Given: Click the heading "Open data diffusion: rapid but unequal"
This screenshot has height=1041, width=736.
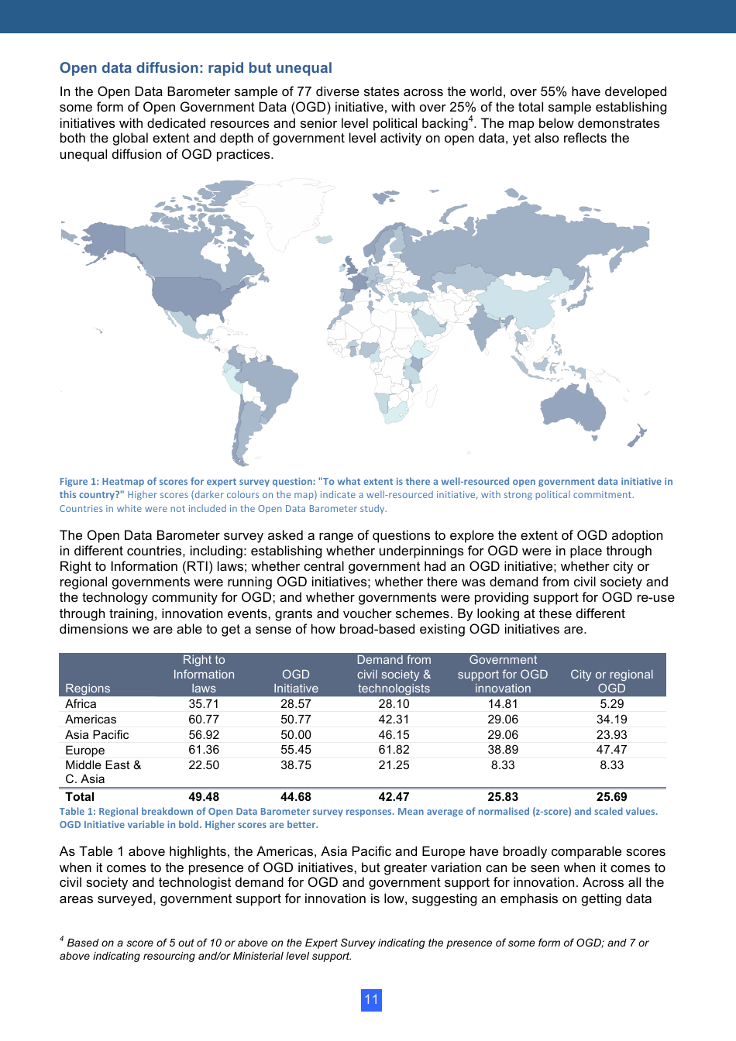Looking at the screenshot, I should click(195, 68).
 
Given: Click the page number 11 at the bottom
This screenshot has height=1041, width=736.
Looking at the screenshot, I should click(371, 999).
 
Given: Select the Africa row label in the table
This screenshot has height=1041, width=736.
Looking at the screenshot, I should click(81, 704).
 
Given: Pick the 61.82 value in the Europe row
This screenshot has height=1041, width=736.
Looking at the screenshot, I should click(394, 750).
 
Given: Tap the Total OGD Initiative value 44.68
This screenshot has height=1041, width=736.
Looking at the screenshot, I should click(295, 796).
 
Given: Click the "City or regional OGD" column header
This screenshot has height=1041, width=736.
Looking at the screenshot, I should click(611, 681).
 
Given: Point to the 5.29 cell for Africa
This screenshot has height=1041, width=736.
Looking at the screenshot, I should click(611, 704).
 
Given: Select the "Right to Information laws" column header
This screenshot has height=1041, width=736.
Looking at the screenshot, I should click(204, 674).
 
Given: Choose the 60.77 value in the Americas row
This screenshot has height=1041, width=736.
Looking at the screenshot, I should click(204, 720).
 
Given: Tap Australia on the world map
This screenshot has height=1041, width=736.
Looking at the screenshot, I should click(573, 406).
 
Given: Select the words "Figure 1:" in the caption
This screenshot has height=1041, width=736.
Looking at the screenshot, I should click(79, 482).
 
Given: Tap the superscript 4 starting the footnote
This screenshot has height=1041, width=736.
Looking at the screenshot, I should click(62, 939).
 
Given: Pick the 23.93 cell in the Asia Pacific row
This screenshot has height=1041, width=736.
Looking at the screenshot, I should click(611, 734).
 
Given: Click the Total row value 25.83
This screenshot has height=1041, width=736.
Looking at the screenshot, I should click(503, 796).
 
